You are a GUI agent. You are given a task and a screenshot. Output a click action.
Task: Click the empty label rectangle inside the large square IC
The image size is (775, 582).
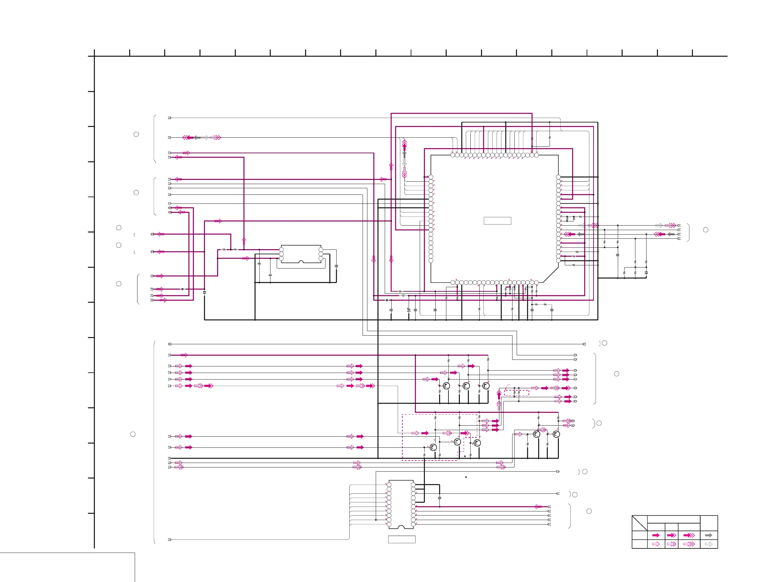pos(497,221)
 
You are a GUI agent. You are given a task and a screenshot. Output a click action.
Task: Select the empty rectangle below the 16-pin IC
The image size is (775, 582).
pos(401,539)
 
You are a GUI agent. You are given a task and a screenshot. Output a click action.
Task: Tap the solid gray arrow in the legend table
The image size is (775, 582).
pos(709,535)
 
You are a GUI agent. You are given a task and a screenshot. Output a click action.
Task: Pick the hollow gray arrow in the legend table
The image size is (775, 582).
pos(709,544)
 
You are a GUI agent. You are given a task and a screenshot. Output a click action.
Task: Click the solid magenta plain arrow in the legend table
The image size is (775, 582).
pos(656,535)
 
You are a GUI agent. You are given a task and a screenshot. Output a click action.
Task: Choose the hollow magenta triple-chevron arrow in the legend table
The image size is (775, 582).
pos(689,544)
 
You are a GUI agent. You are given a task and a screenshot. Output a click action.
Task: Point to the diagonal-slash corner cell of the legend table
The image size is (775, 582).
pos(639,523)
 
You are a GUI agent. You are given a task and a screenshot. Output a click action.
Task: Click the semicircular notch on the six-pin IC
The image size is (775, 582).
pos(301,262)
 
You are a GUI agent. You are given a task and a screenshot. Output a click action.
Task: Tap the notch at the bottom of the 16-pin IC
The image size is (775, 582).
pos(401,527)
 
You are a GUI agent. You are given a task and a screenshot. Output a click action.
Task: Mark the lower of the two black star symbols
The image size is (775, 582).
pos(466,477)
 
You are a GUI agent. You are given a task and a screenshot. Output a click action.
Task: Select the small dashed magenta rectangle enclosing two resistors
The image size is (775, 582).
pos(516,393)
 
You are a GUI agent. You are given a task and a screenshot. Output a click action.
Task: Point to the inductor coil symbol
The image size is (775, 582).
pos(403,295)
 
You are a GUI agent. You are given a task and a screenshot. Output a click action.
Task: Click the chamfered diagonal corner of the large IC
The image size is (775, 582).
pos(550,275)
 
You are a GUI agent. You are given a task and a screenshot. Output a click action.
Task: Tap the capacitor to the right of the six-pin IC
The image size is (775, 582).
pos(336,266)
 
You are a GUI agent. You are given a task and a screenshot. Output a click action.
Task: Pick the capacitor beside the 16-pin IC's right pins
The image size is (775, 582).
pos(440,497)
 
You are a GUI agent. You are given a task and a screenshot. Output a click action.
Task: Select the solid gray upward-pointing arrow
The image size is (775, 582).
pos(404,154)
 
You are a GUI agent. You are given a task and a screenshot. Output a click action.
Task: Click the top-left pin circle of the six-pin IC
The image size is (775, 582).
pos(281,249)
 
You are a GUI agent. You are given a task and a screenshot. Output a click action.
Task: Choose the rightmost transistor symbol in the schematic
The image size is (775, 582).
pos(556,434)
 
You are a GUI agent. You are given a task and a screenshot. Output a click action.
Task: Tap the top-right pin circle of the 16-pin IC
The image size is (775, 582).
pos(413,485)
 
